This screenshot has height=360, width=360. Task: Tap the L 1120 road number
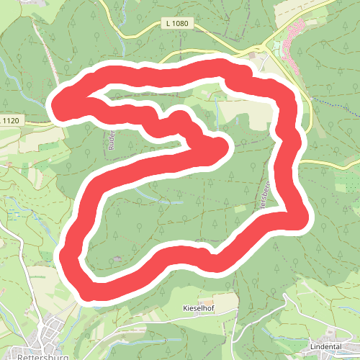[11, 120]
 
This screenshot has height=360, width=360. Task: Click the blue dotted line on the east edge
[338, 108]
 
